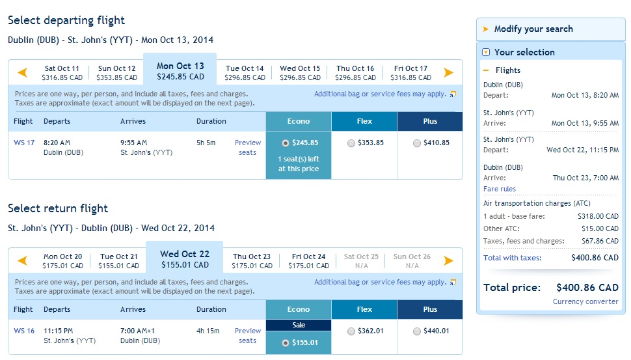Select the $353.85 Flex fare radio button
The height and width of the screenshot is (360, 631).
click(x=351, y=143)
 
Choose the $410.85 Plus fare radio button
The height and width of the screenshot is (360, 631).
click(x=416, y=143)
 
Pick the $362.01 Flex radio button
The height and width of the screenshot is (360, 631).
click(x=351, y=331)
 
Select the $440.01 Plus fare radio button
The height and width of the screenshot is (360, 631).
click(x=416, y=331)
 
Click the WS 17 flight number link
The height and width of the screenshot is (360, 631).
click(x=24, y=143)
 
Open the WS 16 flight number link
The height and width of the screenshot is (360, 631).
click(x=24, y=331)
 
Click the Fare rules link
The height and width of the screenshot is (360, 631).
click(x=500, y=189)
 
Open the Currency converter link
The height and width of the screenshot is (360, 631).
click(x=585, y=301)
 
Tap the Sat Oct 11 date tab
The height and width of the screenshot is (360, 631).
click(x=62, y=73)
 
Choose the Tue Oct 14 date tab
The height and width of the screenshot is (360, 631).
click(x=245, y=73)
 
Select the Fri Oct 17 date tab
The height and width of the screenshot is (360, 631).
click(x=410, y=73)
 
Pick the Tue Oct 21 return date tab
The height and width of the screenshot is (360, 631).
click(x=118, y=261)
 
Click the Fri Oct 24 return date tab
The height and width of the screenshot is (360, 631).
click(x=308, y=261)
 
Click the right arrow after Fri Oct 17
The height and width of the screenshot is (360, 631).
click(x=448, y=72)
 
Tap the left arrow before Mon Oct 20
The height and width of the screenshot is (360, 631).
click(x=23, y=260)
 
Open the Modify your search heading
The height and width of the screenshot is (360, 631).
click(x=533, y=29)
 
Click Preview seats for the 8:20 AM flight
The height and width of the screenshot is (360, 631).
click(x=247, y=147)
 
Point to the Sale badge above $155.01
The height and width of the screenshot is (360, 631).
click(x=299, y=325)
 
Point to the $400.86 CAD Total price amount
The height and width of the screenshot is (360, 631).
click(x=587, y=288)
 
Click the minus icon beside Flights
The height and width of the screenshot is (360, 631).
click(x=486, y=70)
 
